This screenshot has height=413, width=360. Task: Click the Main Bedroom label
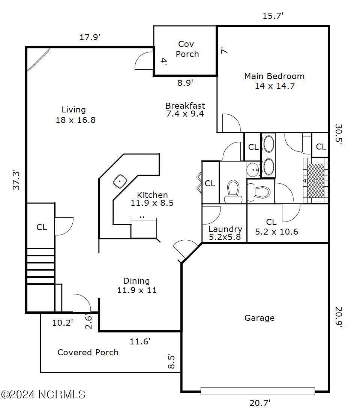coord(274,76)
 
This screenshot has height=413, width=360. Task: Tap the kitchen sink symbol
coord(120,181)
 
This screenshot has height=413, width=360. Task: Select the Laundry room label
coord(225,229)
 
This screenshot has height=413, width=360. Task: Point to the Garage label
coord(259,318)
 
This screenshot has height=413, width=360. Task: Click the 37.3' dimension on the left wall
coord(16,180)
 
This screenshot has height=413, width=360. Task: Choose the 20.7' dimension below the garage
coord(260,403)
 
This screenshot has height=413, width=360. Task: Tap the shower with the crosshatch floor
coord(315,181)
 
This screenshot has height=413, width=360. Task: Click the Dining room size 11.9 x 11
coord(137,290)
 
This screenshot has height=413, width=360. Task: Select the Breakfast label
coord(185,106)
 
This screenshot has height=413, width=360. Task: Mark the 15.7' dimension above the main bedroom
coord(273,16)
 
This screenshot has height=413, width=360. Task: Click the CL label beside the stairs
coord(42,227)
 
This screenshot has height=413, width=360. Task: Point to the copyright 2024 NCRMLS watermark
coord(43,395)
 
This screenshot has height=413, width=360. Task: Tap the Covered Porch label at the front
coord(88,352)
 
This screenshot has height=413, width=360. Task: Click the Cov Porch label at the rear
coord(187,49)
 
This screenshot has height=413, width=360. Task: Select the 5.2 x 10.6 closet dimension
coord(277,232)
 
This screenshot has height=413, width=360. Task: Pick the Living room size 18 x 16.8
coord(76,120)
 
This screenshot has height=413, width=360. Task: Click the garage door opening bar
coord(258,391)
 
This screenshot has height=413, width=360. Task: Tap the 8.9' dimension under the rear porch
coord(185,83)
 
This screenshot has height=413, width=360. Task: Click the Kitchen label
coord(152,195)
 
